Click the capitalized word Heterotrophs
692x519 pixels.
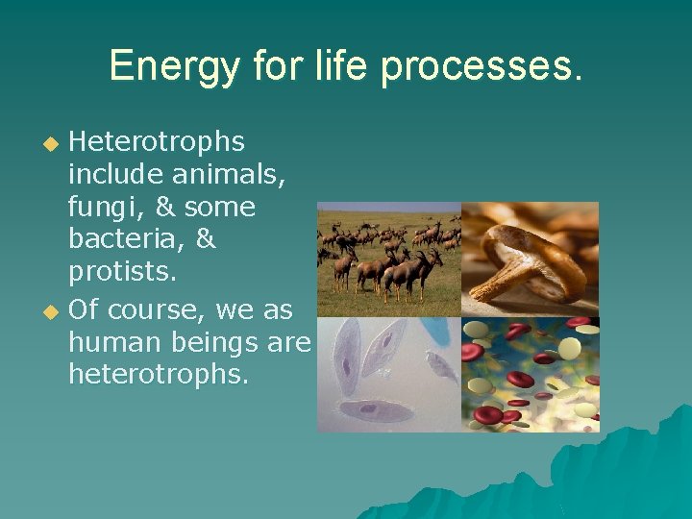point(157,142)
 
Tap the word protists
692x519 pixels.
point(122,273)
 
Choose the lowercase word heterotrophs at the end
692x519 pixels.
point(159,374)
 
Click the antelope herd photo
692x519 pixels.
point(389,259)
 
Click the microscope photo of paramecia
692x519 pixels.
point(389,375)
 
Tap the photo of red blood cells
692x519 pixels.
point(530,375)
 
